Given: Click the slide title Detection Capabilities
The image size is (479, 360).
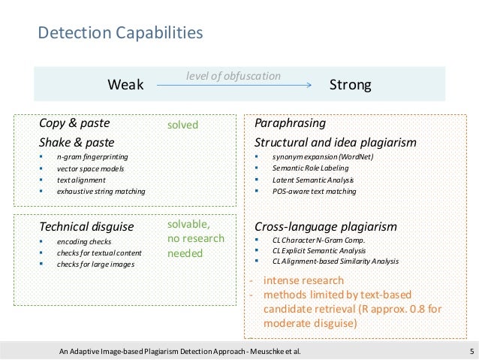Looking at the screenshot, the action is (120, 33).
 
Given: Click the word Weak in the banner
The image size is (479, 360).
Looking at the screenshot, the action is (126, 85).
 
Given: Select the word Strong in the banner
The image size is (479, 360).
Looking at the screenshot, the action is (351, 85).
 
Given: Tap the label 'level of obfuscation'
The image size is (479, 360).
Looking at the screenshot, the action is (233, 75).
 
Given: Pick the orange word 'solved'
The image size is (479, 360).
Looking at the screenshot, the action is (182, 125).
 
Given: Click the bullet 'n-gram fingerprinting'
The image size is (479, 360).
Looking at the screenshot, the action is (92, 157).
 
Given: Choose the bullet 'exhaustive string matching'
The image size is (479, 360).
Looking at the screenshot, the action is (101, 192).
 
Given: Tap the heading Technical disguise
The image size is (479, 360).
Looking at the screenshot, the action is (86, 225).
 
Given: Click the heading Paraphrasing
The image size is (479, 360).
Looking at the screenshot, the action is (291, 123).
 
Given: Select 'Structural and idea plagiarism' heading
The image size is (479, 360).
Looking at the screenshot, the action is (336, 141).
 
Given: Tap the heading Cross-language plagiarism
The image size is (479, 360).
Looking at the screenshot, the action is (325, 225).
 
